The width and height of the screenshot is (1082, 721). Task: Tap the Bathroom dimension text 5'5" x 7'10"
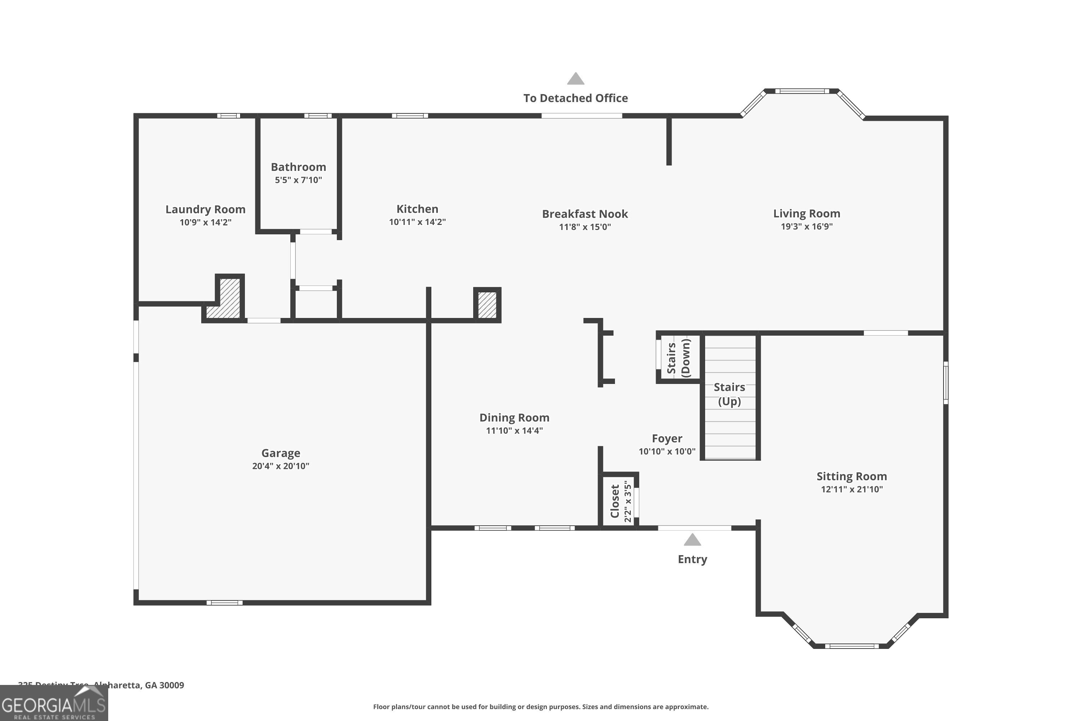(x=298, y=180)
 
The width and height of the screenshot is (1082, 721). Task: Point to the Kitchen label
(x=417, y=209)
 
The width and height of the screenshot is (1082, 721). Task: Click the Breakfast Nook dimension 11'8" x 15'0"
(x=585, y=227)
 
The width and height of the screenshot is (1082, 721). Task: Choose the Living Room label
(x=806, y=213)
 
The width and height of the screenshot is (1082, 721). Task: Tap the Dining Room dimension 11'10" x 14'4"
(x=514, y=431)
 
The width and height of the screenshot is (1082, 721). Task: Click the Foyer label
(x=667, y=438)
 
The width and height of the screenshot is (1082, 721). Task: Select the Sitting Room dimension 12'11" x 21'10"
(x=852, y=489)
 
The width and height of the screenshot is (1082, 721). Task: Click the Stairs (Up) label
(x=729, y=394)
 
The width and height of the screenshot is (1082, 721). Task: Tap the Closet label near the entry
(x=615, y=501)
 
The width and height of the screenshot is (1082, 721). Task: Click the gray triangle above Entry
(x=692, y=540)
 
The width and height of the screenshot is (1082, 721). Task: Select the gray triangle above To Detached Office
(x=576, y=79)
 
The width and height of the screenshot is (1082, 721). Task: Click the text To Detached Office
(x=576, y=98)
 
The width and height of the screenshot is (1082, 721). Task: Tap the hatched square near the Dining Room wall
(x=487, y=305)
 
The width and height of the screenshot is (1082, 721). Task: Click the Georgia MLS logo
(x=53, y=704)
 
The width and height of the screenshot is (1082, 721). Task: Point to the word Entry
(x=692, y=559)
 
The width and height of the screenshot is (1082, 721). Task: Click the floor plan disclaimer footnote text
(x=541, y=707)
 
